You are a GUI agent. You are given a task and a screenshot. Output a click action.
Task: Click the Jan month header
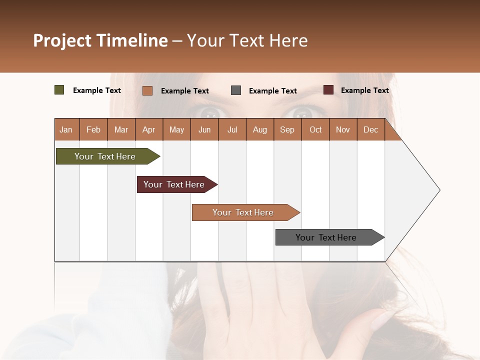(x=66, y=130)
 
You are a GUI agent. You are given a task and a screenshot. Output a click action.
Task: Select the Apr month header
(x=148, y=130)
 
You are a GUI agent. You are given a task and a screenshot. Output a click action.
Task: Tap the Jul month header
(x=232, y=130)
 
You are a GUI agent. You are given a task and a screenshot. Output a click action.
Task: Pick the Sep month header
(x=287, y=130)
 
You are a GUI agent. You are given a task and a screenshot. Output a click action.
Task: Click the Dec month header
(x=370, y=130)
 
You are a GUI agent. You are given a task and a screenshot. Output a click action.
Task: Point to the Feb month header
(x=93, y=130)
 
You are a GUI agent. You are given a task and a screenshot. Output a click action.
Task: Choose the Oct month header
(x=315, y=130)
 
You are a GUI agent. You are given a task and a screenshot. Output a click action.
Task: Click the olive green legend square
(x=59, y=90)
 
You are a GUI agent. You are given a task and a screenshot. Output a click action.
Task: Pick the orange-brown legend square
(x=147, y=90)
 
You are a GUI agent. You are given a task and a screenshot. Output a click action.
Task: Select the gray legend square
(x=236, y=90)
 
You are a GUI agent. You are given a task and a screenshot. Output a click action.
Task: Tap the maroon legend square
(x=328, y=90)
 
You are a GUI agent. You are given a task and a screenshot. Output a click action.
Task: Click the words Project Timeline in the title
(x=100, y=40)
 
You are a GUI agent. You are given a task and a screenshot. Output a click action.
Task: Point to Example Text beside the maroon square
(x=364, y=90)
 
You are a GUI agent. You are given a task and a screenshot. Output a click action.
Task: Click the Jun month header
(x=204, y=130)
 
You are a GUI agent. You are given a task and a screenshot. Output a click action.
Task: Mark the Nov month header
(x=343, y=130)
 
